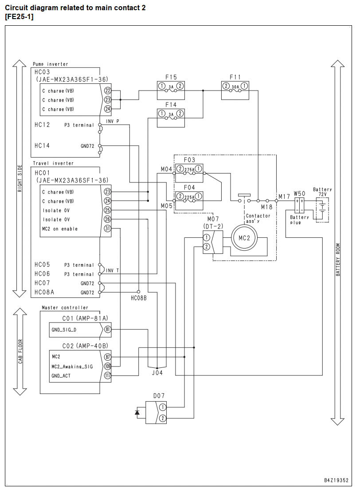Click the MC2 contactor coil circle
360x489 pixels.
click(x=244, y=238)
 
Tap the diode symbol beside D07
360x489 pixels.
click(x=137, y=412)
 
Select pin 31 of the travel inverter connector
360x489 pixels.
click(x=107, y=229)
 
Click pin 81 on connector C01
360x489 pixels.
click(x=107, y=329)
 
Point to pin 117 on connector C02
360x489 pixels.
click(x=107, y=375)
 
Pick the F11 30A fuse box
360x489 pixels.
click(x=235, y=91)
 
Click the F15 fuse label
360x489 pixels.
click(x=171, y=77)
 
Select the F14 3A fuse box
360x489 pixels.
click(x=171, y=118)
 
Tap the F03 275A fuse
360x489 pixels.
click(x=189, y=173)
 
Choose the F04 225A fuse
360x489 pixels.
click(x=189, y=201)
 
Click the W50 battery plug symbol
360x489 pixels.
click(x=300, y=205)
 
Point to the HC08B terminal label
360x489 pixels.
click(x=139, y=298)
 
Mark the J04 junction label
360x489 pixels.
click(x=157, y=373)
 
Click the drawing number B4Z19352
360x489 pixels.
click(x=337, y=480)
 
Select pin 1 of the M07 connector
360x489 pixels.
click(x=206, y=238)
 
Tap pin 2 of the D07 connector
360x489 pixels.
click(x=162, y=418)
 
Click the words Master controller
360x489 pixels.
click(x=65, y=308)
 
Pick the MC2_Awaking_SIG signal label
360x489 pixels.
click(x=72, y=367)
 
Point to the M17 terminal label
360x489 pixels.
click(x=284, y=197)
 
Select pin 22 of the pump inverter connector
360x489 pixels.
click(x=107, y=91)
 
